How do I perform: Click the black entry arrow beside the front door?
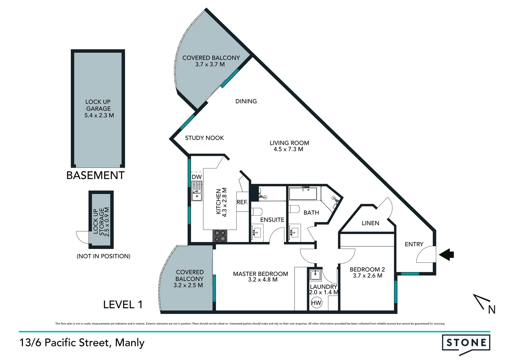point(447,255)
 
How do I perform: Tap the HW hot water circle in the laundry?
point(316,303)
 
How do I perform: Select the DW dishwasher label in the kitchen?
point(197,177)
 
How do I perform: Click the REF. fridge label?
point(242,202)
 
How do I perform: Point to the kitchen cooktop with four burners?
point(219,236)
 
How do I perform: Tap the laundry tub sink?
point(315,275)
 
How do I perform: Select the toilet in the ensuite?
point(257,212)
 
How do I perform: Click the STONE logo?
point(466,343)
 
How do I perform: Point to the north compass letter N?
point(491,310)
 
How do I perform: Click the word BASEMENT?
point(95,175)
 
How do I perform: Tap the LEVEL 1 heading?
point(123,304)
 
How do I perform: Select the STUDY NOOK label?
point(204,138)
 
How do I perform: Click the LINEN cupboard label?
point(370,223)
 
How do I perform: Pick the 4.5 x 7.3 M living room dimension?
point(288,149)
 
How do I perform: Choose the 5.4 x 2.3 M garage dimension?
point(99,115)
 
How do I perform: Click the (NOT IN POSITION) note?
point(103,256)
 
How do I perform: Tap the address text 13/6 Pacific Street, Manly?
point(82,343)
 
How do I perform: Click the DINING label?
point(246,101)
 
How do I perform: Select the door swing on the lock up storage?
point(83,237)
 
